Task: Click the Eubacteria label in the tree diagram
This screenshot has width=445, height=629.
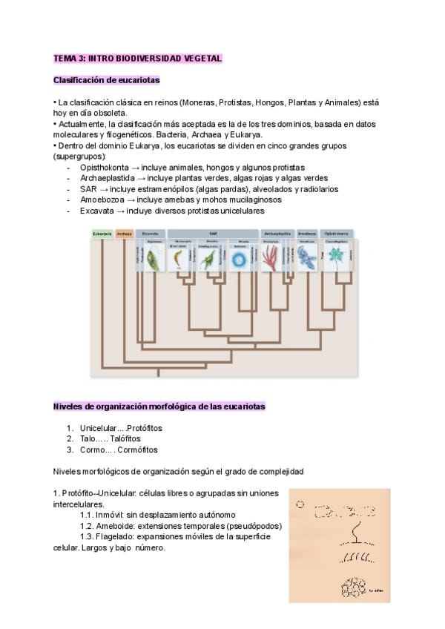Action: click(x=102, y=234)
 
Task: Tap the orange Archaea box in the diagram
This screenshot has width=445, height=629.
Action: click(x=125, y=234)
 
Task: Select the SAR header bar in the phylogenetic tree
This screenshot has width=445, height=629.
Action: click(x=213, y=234)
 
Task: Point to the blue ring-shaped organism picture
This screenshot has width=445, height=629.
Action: click(x=240, y=259)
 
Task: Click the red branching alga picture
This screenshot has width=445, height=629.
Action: click(x=271, y=259)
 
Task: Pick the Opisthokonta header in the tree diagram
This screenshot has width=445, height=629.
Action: click(x=337, y=234)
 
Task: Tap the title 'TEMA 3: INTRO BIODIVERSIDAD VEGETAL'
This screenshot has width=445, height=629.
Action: click(x=138, y=58)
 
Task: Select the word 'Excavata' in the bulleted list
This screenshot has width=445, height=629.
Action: click(x=97, y=211)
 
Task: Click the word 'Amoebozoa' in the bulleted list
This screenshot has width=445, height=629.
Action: click(x=101, y=200)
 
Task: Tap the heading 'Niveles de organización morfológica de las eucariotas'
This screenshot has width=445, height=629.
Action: click(x=159, y=406)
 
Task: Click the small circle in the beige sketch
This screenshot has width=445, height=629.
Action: click(x=300, y=504)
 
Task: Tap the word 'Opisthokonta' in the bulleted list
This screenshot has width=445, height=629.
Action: click(x=105, y=168)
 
